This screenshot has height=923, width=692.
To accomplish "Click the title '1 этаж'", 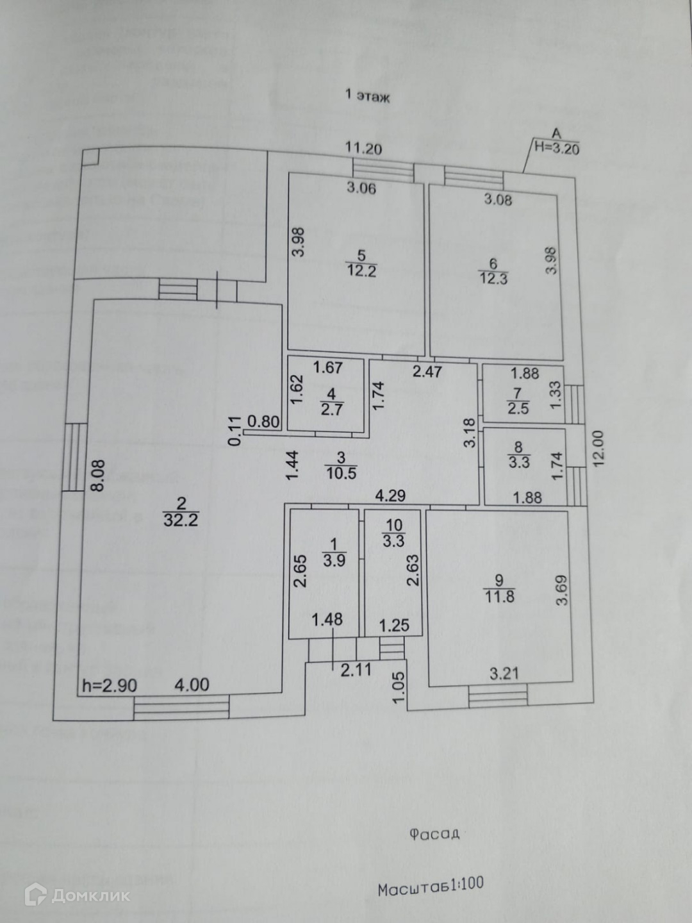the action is pos(368,96).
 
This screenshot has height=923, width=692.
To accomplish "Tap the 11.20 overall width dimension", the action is pos(363,149).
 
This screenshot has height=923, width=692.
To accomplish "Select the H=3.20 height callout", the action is pos(557,147).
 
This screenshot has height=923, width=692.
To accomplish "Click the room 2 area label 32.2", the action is pos(181,519).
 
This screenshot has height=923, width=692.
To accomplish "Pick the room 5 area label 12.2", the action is pos(361,271).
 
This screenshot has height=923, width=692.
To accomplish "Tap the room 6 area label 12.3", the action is pos(493,278).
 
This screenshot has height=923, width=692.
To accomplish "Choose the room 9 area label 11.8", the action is pos(499,596).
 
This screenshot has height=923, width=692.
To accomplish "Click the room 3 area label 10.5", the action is pos(341,473).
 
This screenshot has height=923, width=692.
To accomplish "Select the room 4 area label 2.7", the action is pos(331,409).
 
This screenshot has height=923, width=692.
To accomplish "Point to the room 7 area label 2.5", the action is pos(518,408).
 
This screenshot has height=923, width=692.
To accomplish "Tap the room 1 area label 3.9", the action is pos(334,560).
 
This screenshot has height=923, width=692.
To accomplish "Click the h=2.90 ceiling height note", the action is pos(110,685).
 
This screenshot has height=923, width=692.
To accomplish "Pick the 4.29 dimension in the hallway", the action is pos(390,495).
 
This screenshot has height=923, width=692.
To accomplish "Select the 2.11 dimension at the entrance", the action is pos(356,670).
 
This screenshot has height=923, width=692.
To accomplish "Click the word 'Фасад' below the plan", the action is pos(434,833).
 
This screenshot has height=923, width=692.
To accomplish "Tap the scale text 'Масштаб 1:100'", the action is pos(430,886).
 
